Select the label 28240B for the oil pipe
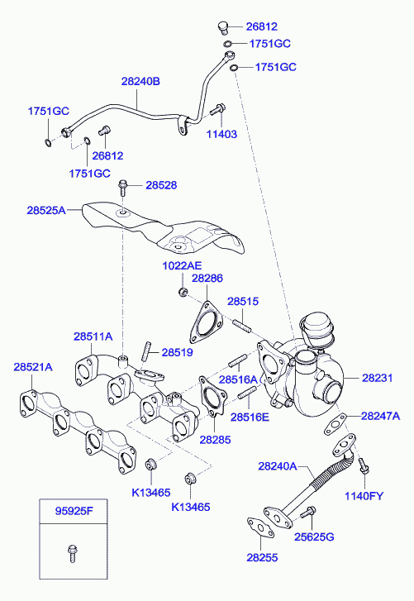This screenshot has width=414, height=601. [140, 81]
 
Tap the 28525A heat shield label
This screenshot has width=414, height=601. [45, 211]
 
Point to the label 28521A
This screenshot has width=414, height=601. [32, 366]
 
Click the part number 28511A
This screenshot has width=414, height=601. [93, 336]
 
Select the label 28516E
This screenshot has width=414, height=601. [249, 417]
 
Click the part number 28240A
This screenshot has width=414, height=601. [277, 466]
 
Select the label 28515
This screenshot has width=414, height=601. [244, 303]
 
